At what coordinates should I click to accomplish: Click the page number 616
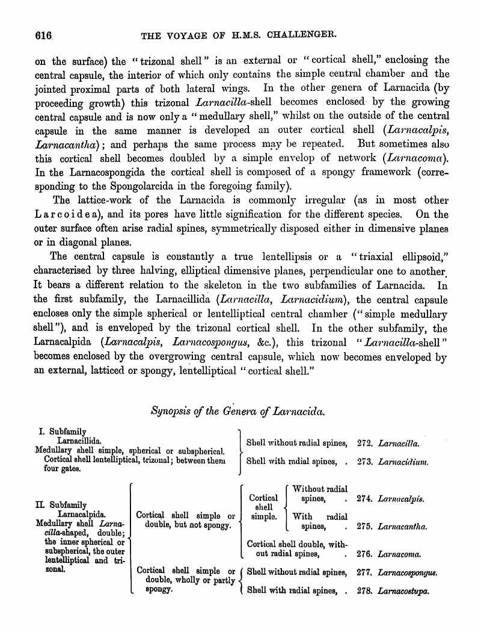[x=44, y=35]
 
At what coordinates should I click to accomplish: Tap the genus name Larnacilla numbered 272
[x=399, y=443]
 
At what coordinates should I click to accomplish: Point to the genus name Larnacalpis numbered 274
[x=402, y=499]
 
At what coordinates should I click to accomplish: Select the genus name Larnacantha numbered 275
[x=403, y=527]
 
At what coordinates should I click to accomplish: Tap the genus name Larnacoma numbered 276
[x=399, y=554]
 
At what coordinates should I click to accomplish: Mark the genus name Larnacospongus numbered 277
[x=408, y=573]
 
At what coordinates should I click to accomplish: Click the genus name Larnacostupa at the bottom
[x=403, y=592]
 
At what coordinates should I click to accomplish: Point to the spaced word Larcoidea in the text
[x=71, y=214]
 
